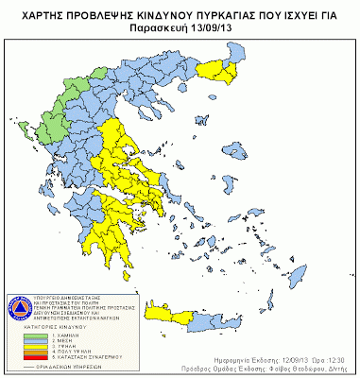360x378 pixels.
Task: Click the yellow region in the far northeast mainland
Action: click(222, 67)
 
